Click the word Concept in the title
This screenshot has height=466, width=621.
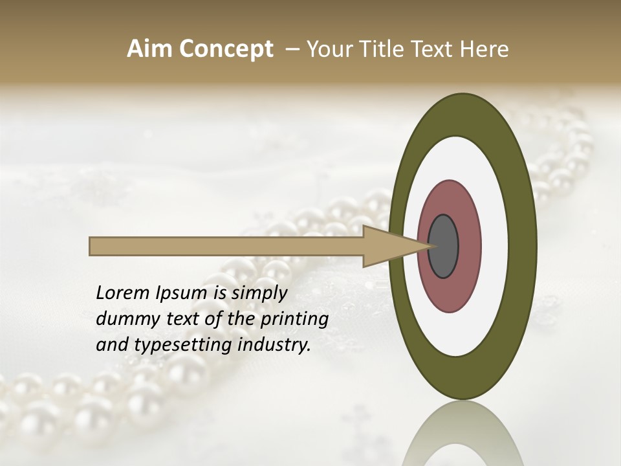click(226, 49)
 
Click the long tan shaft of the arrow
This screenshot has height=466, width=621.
click(226, 246)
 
